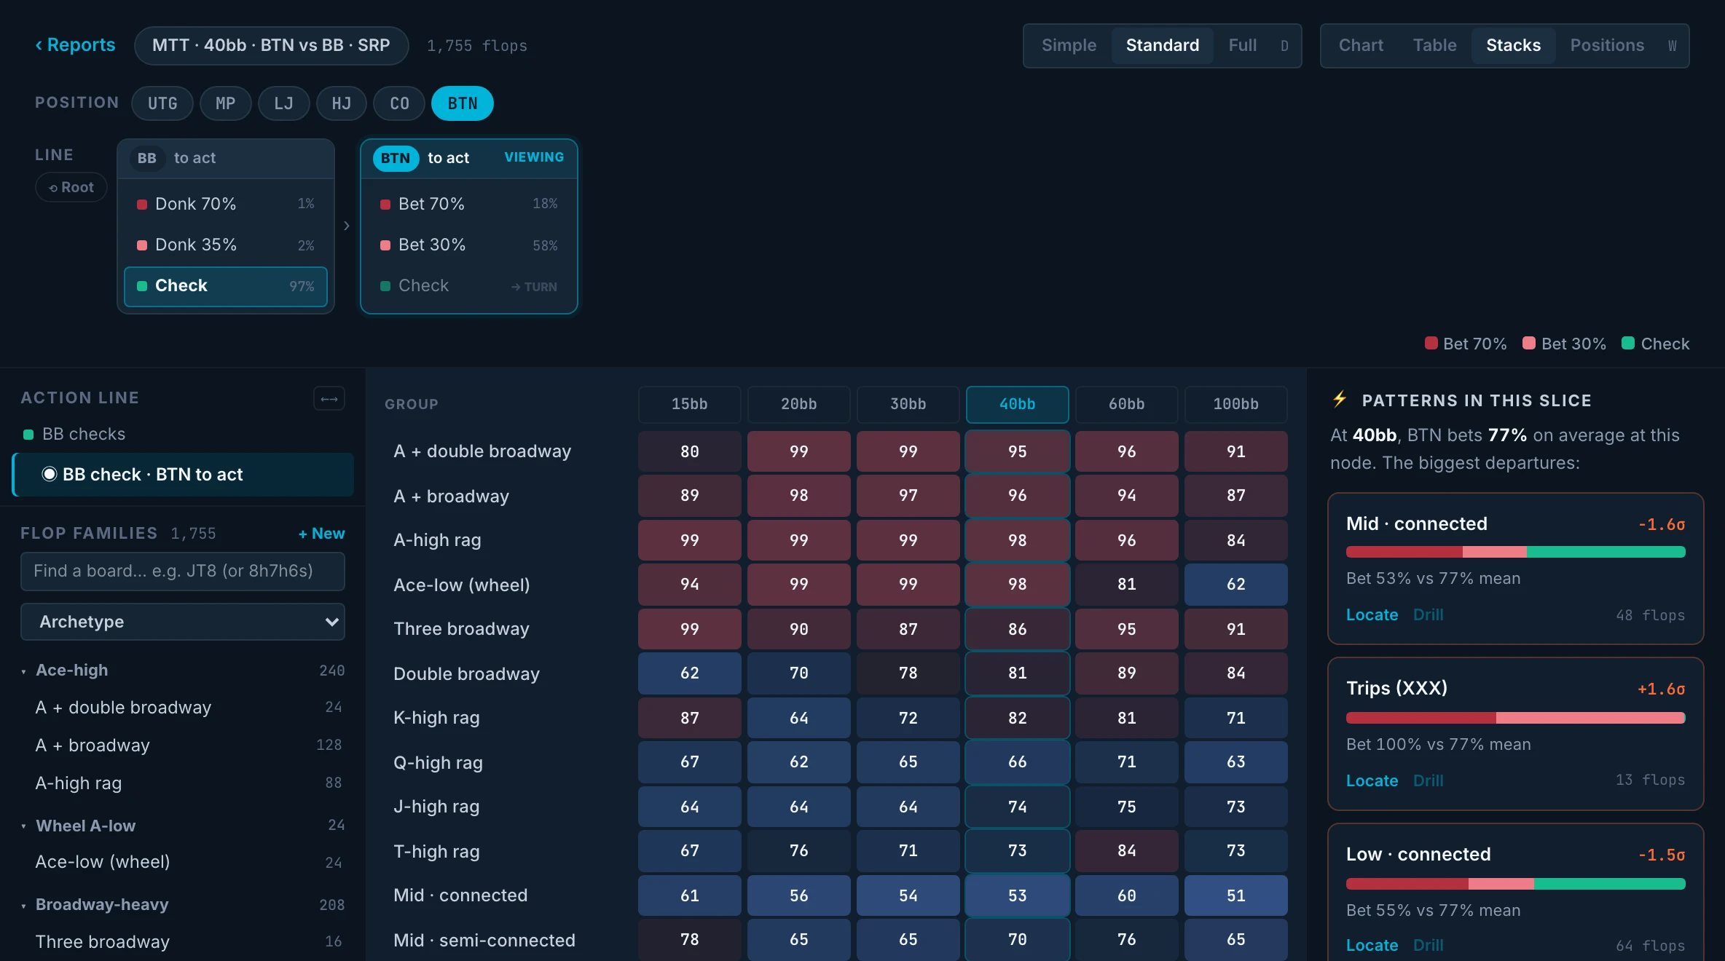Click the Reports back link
tap(75, 45)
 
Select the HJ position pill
tap(341, 103)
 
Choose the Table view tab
tap(1434, 45)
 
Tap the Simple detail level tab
tap(1069, 45)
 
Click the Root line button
tap(71, 187)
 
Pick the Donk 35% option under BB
tap(226, 245)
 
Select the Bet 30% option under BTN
tap(469, 245)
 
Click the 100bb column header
tap(1235, 404)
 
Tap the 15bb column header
tap(689, 404)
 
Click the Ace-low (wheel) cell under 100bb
tap(1235, 584)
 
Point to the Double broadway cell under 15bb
tap(689, 673)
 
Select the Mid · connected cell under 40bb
tap(1017, 895)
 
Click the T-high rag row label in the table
tap(436, 851)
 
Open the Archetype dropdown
tap(183, 622)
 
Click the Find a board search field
tap(183, 571)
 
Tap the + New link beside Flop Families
tap(321, 534)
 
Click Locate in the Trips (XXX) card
tap(1372, 780)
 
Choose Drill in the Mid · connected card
tap(1428, 614)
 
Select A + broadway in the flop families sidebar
tap(93, 745)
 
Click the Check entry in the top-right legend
tap(1655, 344)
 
